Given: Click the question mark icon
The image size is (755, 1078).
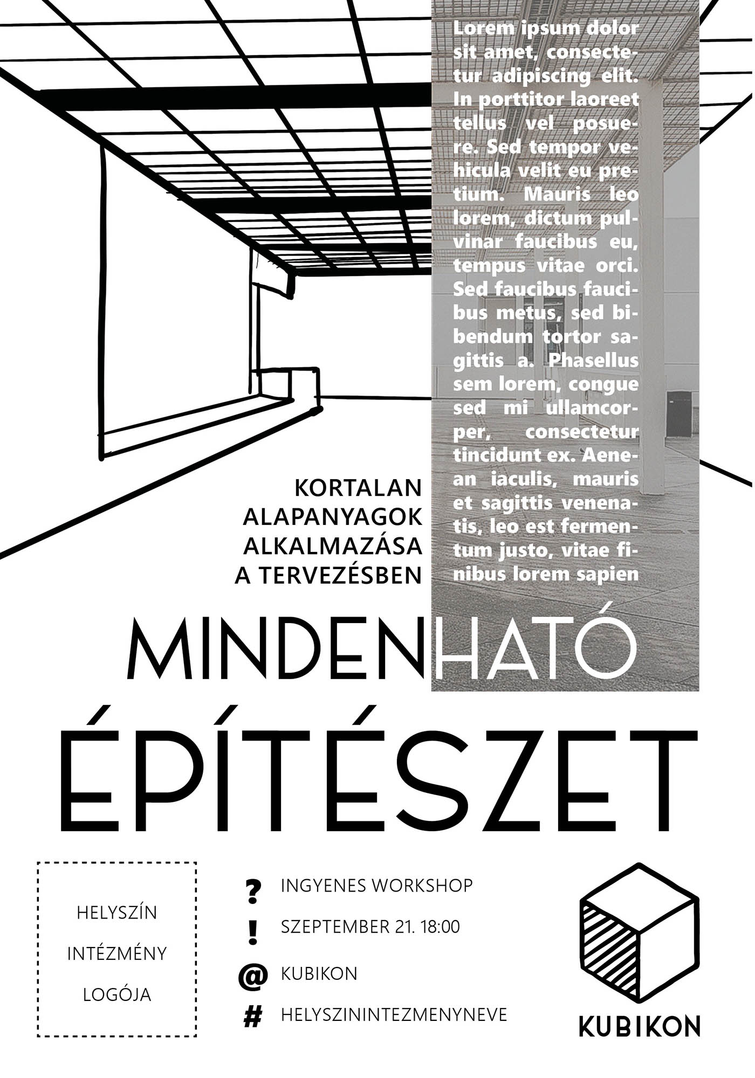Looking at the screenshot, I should [252, 892].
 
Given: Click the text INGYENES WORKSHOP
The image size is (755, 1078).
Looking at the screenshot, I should [376, 886].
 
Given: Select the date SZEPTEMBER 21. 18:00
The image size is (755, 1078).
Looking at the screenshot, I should [370, 927].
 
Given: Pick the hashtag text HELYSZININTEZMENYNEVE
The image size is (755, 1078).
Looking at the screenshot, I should [394, 1015].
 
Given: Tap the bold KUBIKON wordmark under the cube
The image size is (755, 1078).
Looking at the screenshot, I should [640, 1026].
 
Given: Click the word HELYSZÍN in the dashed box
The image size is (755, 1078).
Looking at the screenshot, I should [117, 913].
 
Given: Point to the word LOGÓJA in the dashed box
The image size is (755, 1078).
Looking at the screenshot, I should [117, 994].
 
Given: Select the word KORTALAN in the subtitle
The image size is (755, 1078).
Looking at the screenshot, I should [358, 488].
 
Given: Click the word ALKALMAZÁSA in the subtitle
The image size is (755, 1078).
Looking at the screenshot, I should [333, 546].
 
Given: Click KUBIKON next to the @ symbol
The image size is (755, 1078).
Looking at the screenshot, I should [319, 973].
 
